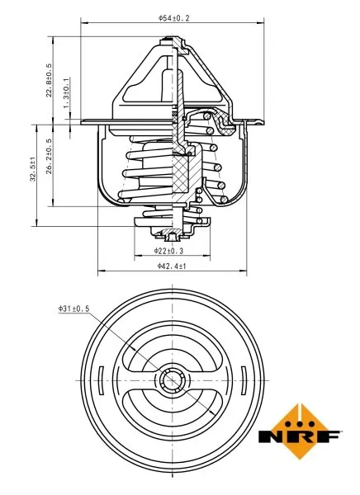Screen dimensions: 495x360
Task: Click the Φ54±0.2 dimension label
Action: (x=174, y=17)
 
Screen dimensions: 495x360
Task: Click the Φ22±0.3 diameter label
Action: (x=169, y=249)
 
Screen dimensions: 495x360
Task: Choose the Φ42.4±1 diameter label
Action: (x=173, y=266)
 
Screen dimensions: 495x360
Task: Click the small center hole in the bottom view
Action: (x=173, y=381)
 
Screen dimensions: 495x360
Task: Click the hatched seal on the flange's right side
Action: (x=223, y=125)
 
